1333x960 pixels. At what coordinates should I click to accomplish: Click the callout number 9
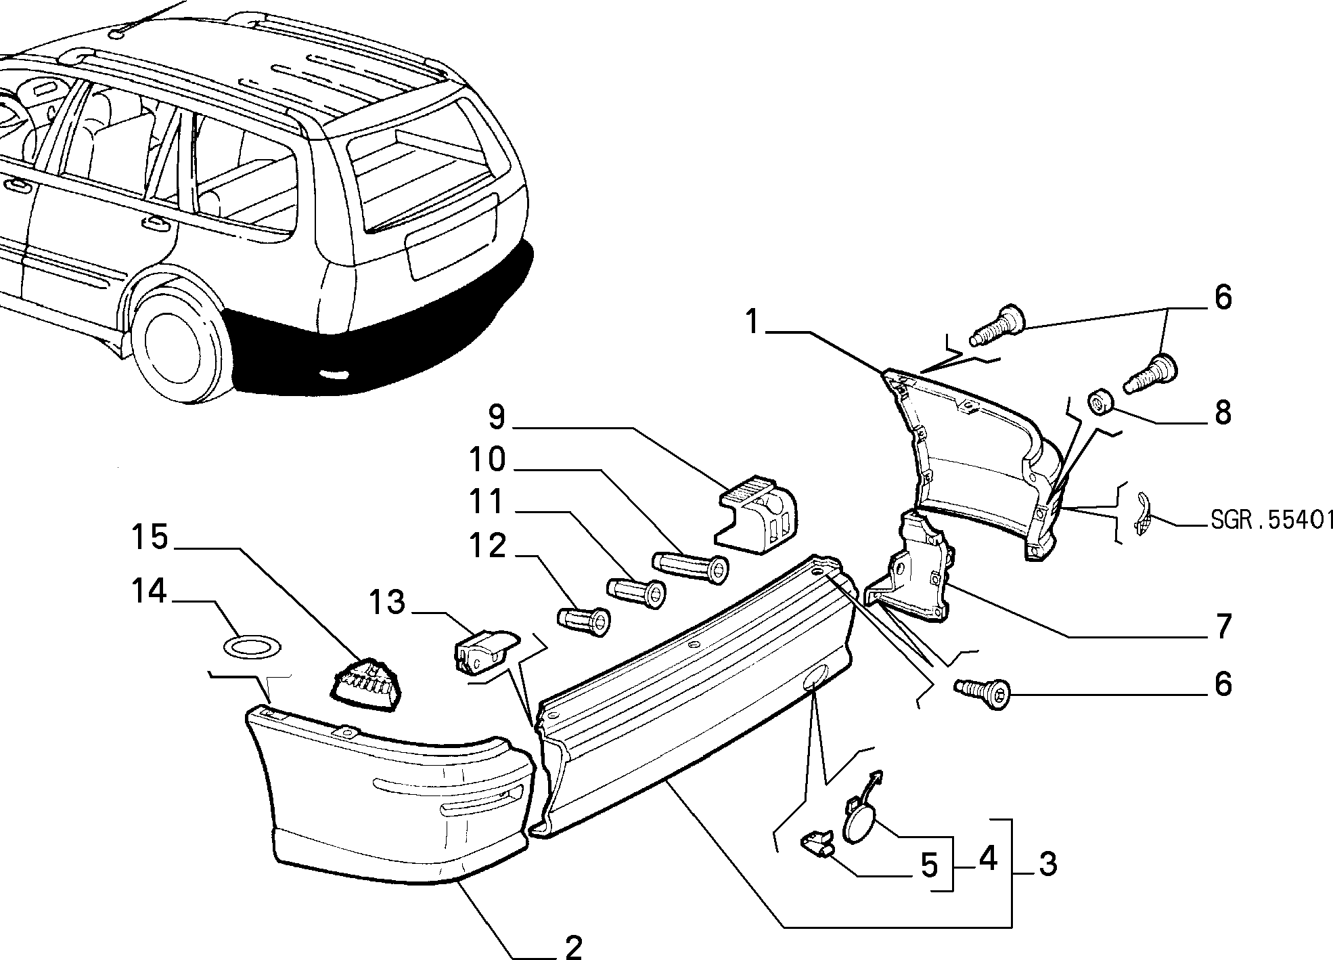pos(497,418)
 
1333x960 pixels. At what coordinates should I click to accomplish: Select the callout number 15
pos(149,539)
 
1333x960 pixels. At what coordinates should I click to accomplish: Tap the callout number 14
pos(149,592)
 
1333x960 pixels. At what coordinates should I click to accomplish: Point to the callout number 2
pos(574,945)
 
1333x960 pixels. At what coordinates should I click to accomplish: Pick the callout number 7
pos(1223,627)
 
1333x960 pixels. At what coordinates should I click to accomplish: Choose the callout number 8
pos(1223,412)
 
